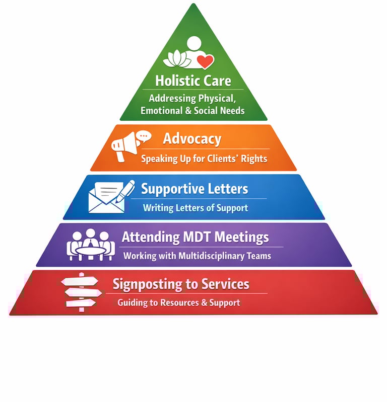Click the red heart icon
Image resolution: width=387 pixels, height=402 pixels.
point(205,61)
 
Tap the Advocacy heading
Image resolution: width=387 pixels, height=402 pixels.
point(192,138)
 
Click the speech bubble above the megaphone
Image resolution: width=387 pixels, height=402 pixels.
point(144,136)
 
